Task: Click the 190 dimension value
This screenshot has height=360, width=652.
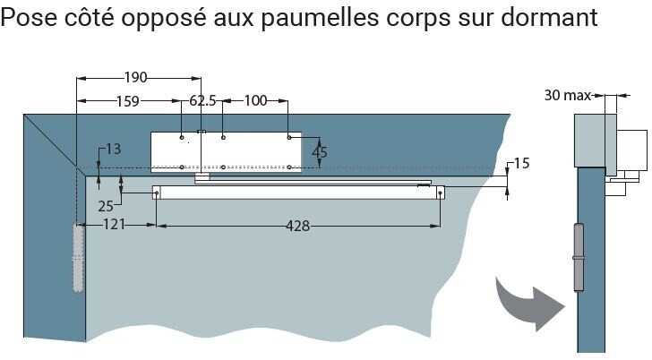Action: click(135, 77)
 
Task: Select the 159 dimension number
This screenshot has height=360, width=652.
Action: click(128, 101)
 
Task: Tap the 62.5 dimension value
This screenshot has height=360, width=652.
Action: click(202, 100)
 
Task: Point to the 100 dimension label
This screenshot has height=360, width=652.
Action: click(255, 100)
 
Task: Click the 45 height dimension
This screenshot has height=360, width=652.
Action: click(320, 152)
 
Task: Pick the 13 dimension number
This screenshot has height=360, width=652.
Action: click(113, 149)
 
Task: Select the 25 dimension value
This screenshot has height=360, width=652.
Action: click(106, 206)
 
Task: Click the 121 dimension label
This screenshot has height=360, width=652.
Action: click(114, 225)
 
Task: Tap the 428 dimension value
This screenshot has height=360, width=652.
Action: click(298, 226)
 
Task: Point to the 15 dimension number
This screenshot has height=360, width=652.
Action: click(522, 163)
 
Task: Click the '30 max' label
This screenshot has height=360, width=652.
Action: click(568, 96)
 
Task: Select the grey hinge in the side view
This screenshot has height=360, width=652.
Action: click(579, 258)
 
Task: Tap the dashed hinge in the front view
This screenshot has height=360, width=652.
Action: click(78, 258)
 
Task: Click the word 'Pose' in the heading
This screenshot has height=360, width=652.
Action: click(29, 17)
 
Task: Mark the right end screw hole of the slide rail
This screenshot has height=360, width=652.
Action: click(440, 193)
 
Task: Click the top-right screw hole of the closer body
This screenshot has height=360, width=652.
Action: click(289, 137)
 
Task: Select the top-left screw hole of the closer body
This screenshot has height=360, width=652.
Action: click(182, 137)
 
